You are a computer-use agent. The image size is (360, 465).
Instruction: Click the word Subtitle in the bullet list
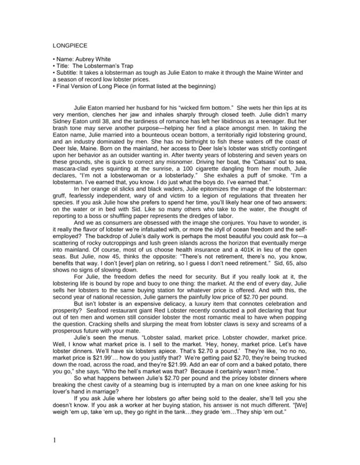coord(57,73)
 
